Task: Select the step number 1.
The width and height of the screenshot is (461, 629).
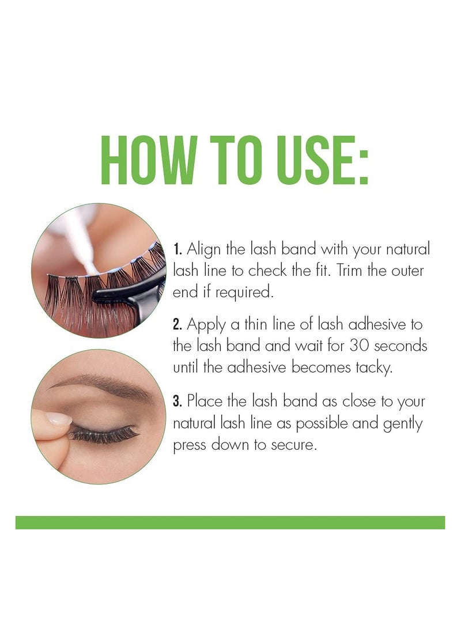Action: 177,249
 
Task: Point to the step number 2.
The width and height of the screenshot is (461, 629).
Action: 177,324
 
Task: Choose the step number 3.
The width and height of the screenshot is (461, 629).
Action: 177,401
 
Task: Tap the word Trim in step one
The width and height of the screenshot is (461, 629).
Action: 349,270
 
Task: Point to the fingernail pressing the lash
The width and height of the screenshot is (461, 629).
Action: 59,418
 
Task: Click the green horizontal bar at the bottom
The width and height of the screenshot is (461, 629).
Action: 231,522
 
